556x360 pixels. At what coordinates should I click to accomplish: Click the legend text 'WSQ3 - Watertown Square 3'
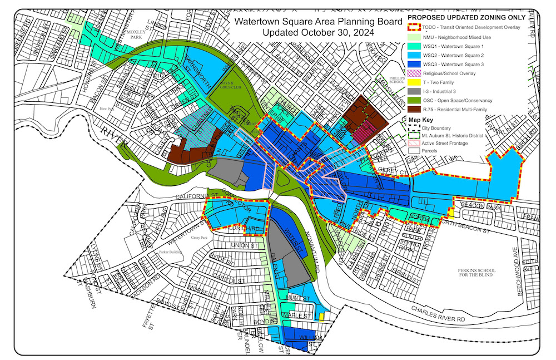point(450,65)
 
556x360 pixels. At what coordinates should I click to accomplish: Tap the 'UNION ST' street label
point(247,245)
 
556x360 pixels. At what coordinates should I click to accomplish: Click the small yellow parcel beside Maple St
point(321,317)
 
